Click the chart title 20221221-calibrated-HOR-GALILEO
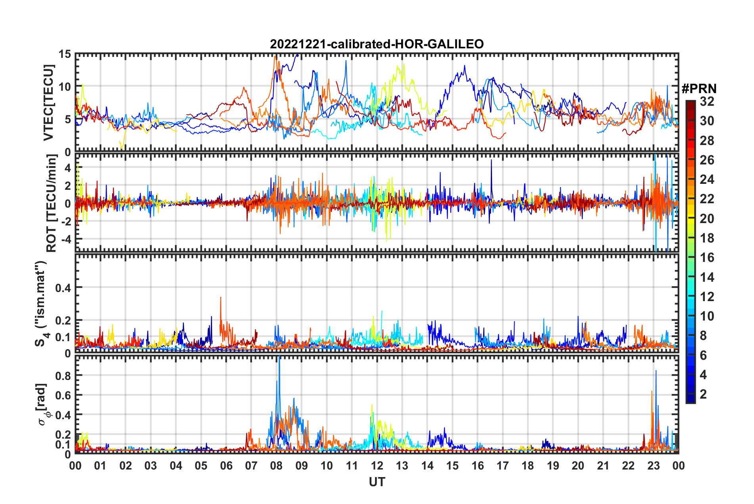point(377,44)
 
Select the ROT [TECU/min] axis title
point(52,203)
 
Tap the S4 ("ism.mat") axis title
point(41,304)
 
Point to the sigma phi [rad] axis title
point(43,404)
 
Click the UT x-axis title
point(377,482)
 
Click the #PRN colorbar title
point(699,89)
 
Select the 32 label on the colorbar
point(707,101)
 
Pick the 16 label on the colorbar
point(707,258)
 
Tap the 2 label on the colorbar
point(703,394)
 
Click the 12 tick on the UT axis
point(377,466)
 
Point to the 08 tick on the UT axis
point(276,466)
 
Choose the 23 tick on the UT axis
point(653,466)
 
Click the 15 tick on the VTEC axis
point(65,54)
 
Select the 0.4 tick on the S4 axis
point(63,288)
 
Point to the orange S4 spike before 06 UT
point(221,298)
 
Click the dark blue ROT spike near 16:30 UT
point(491,160)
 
